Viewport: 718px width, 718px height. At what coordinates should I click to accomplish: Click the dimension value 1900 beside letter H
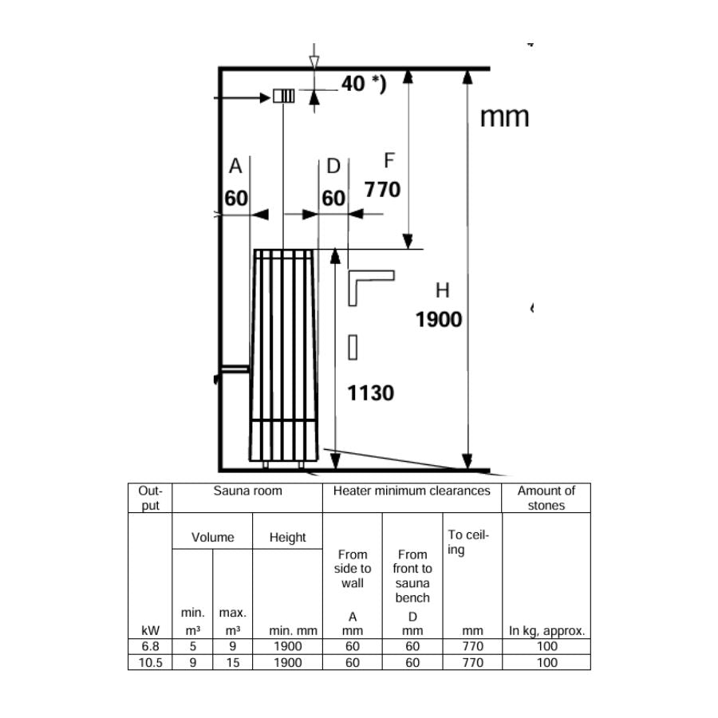click(439, 320)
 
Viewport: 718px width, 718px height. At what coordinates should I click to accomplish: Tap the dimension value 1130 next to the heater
click(371, 393)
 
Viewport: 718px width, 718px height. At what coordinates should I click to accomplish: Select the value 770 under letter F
click(382, 190)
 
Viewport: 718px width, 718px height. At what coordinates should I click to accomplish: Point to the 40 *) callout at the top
click(363, 84)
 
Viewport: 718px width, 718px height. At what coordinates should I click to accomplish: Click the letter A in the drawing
click(235, 166)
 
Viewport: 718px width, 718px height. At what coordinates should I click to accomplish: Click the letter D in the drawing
click(333, 166)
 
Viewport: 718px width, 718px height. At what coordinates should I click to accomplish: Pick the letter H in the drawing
click(442, 290)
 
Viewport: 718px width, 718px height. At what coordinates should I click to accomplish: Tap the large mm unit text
click(504, 117)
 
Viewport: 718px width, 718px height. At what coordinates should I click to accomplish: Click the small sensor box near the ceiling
click(283, 97)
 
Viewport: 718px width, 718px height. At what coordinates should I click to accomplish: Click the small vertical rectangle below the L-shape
click(353, 348)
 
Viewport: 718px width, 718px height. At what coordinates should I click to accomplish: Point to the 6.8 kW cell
click(149, 647)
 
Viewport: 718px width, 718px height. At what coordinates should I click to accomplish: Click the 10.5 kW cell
click(149, 662)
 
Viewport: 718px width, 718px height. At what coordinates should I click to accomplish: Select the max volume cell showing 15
click(232, 662)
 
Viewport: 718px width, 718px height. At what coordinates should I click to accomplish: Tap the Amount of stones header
click(546, 498)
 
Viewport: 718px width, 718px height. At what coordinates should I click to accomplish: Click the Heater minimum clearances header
click(412, 491)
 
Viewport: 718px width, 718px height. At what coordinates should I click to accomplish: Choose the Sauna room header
click(247, 491)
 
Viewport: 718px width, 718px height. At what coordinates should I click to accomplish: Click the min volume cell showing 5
click(192, 647)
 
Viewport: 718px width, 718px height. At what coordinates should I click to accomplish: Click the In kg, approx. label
click(546, 631)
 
